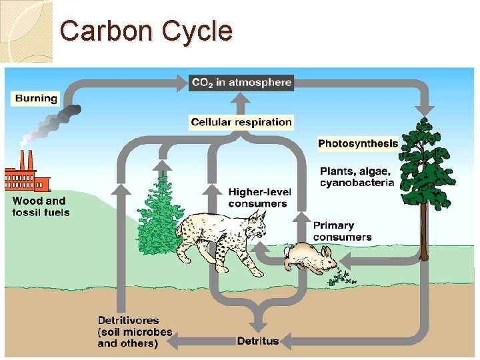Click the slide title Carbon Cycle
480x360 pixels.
tap(146, 31)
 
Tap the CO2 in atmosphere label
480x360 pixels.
tap(241, 83)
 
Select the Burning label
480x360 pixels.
tap(36, 99)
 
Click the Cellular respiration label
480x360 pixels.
tap(241, 122)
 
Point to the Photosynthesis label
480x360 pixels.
tap(357, 143)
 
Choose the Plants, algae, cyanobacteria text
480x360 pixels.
tap(357, 177)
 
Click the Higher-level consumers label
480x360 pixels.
tap(258, 198)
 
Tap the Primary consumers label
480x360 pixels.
tap(342, 231)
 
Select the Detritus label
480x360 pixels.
tap(258, 341)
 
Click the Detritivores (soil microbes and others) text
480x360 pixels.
tap(135, 332)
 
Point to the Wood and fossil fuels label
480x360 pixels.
tap(40, 206)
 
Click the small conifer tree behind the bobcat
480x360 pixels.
tap(159, 213)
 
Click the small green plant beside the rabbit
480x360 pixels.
tap(342, 276)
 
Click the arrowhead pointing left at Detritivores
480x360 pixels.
tap(171, 342)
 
